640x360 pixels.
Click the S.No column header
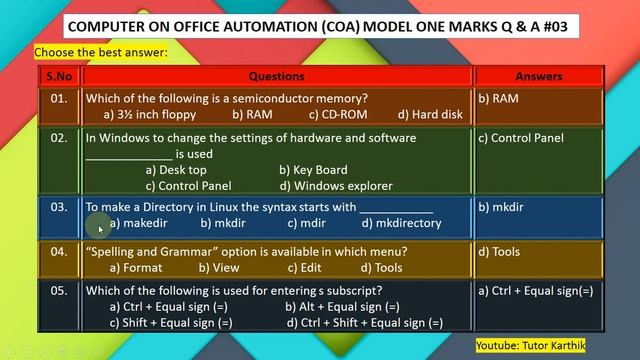coord(57,76)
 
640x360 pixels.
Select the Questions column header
coord(276,76)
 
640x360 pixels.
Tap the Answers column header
coord(539,76)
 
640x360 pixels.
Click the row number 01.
coord(58,98)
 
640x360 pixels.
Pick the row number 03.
coord(58,208)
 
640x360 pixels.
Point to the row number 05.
coord(58,291)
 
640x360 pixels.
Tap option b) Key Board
coord(313,170)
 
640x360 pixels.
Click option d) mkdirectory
coord(401,223)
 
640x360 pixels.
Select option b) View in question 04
coord(218,267)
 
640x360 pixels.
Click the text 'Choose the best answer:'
coord(101,51)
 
